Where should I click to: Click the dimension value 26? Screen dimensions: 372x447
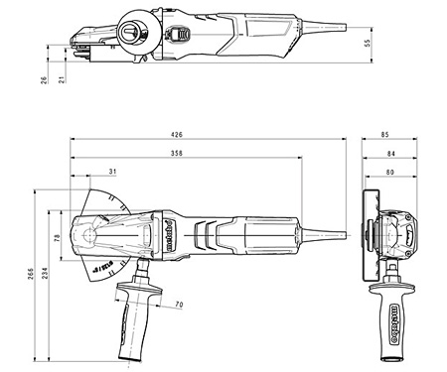pyautogui.click(x=45, y=79)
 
